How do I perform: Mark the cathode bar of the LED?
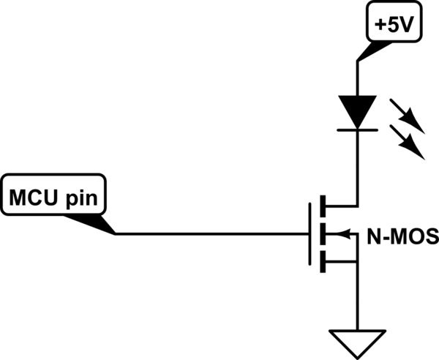[x=357, y=130]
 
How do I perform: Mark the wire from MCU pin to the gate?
[x=212, y=234]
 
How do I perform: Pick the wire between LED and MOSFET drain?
[x=357, y=168]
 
